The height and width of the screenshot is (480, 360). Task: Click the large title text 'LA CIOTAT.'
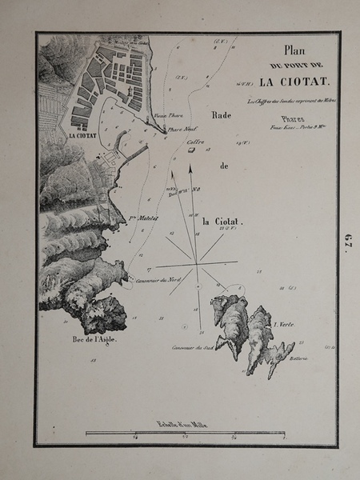(x=288, y=82)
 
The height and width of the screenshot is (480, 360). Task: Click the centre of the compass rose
(x=193, y=262)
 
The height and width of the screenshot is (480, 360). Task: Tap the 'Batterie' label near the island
(x=300, y=359)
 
